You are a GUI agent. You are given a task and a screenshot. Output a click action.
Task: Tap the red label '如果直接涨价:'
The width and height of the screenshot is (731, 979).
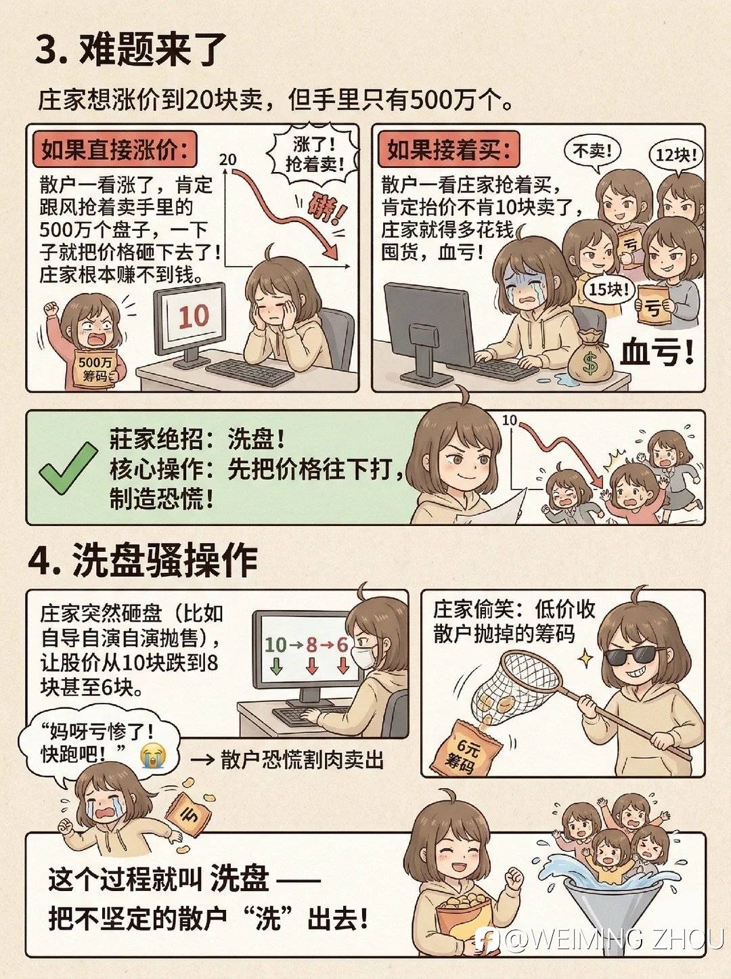coord(114,150)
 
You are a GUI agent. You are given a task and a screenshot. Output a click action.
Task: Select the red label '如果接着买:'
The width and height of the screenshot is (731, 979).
coord(449,150)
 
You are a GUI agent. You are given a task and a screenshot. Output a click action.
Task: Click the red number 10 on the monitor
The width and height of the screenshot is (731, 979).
coord(194,316)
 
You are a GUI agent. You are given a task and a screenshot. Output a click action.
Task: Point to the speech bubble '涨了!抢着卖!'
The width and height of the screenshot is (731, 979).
coord(314,154)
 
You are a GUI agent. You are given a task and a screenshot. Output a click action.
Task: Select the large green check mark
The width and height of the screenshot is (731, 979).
coord(68,469)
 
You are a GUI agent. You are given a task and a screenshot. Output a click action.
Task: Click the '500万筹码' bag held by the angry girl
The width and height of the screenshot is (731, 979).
coord(96,369)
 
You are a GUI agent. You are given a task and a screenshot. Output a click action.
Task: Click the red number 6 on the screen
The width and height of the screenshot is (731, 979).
coord(342,645)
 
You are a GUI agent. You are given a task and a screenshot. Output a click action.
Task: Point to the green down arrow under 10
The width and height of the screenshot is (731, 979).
coord(276,666)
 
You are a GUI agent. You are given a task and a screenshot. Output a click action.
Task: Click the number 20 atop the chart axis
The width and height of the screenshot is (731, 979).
coord(228,159)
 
